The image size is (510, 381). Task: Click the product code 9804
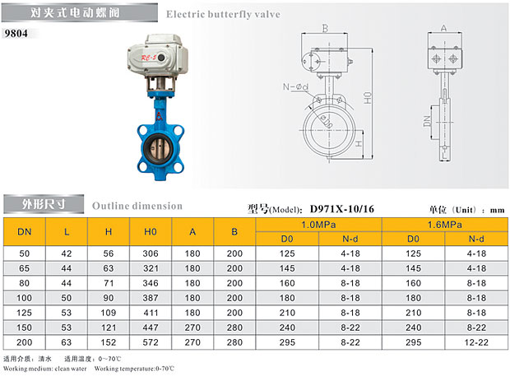click(x=16, y=33)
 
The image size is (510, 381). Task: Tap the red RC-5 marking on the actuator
click(x=149, y=58)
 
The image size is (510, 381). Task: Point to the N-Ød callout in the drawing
click(x=295, y=86)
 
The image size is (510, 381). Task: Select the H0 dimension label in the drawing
click(x=368, y=98)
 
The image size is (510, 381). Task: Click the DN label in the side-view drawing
click(x=427, y=121)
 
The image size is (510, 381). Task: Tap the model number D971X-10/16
click(x=342, y=208)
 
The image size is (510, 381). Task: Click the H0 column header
click(x=151, y=232)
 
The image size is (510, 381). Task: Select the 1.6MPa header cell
click(x=445, y=225)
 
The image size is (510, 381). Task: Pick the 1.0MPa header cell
click(x=318, y=225)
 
